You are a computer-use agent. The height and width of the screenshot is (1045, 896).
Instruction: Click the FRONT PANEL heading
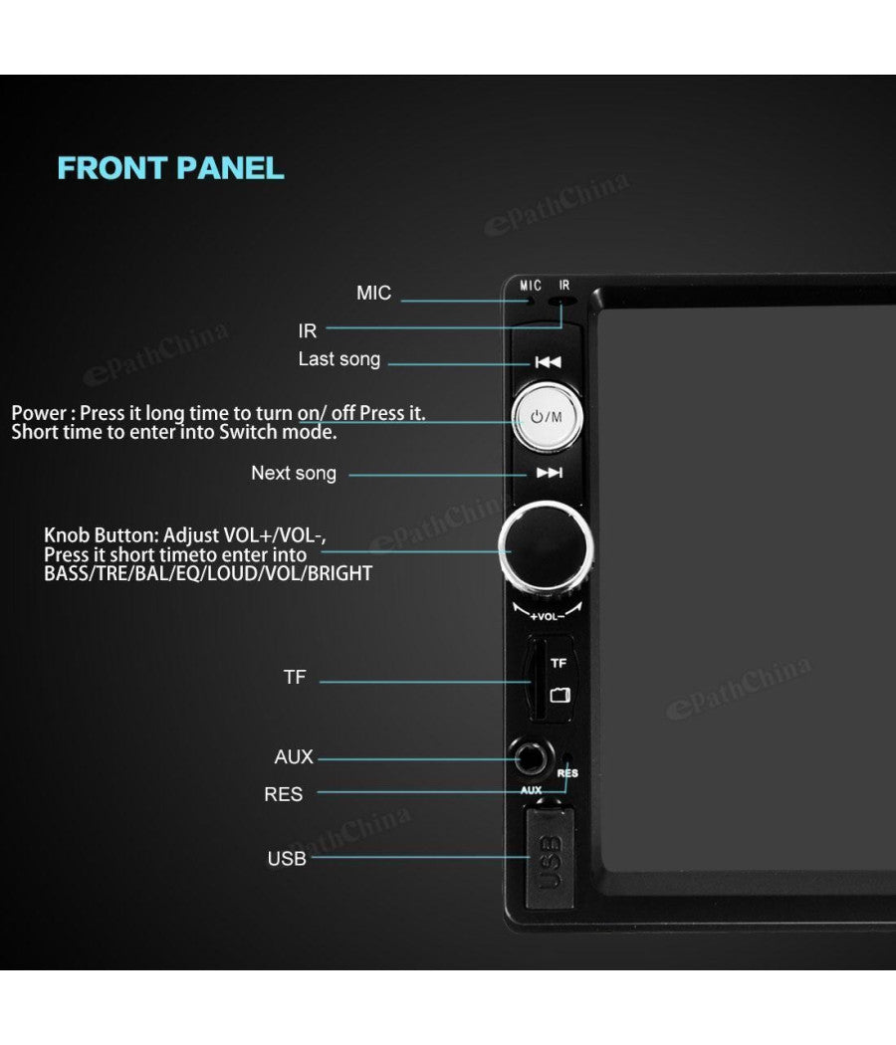[170, 167]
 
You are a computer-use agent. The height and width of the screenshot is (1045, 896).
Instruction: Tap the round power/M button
[547, 417]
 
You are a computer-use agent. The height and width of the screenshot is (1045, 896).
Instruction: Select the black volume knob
[546, 546]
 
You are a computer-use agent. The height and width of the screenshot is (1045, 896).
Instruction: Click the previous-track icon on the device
[548, 362]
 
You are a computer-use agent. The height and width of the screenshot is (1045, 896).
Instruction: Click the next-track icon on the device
[549, 473]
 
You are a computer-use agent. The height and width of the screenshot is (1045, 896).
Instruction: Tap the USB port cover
[550, 858]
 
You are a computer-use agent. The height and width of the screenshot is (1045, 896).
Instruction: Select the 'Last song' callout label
[339, 359]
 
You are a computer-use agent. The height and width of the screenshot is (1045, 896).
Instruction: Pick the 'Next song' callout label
[294, 473]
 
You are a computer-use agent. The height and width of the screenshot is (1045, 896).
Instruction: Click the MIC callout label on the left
[373, 293]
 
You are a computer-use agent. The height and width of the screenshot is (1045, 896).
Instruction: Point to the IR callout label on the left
[308, 331]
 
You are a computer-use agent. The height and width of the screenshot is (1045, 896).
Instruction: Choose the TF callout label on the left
[295, 677]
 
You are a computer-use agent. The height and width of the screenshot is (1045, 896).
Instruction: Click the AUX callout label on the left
[294, 757]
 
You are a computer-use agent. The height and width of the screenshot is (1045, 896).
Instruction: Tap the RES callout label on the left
[284, 794]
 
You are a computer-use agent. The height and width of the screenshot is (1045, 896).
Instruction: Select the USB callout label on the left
[287, 858]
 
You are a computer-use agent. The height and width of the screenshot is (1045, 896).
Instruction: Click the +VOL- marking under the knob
[547, 616]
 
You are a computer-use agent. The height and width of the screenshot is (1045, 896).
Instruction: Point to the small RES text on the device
[568, 772]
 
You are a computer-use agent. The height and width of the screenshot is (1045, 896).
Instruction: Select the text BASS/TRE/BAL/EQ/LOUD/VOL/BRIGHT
[208, 574]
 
